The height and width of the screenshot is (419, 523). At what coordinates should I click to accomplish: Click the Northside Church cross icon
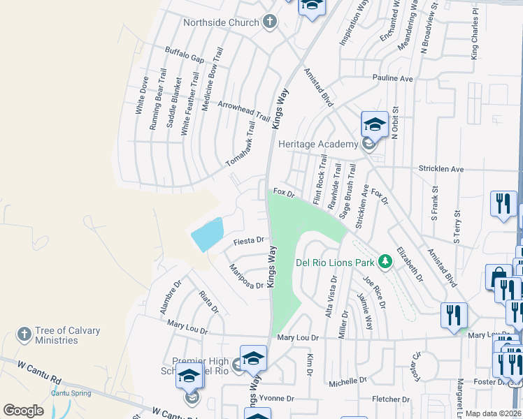(x=270, y=22)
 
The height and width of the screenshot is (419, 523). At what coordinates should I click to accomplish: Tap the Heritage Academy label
(x=318, y=144)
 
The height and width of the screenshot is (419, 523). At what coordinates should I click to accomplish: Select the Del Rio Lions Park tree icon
(x=384, y=262)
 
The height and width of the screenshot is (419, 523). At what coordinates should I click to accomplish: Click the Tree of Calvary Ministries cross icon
(x=24, y=334)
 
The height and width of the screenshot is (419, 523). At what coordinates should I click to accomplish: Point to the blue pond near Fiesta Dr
(x=207, y=234)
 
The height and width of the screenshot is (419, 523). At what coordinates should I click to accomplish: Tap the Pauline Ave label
(x=392, y=79)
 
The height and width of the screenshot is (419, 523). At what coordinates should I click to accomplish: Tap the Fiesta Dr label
(x=248, y=240)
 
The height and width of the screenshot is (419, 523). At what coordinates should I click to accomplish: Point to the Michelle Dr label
(x=348, y=381)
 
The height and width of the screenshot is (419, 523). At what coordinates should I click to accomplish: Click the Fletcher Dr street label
(x=391, y=399)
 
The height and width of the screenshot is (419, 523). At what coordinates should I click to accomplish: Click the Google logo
(x=23, y=411)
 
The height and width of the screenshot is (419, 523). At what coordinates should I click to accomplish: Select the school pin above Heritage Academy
(x=374, y=125)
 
